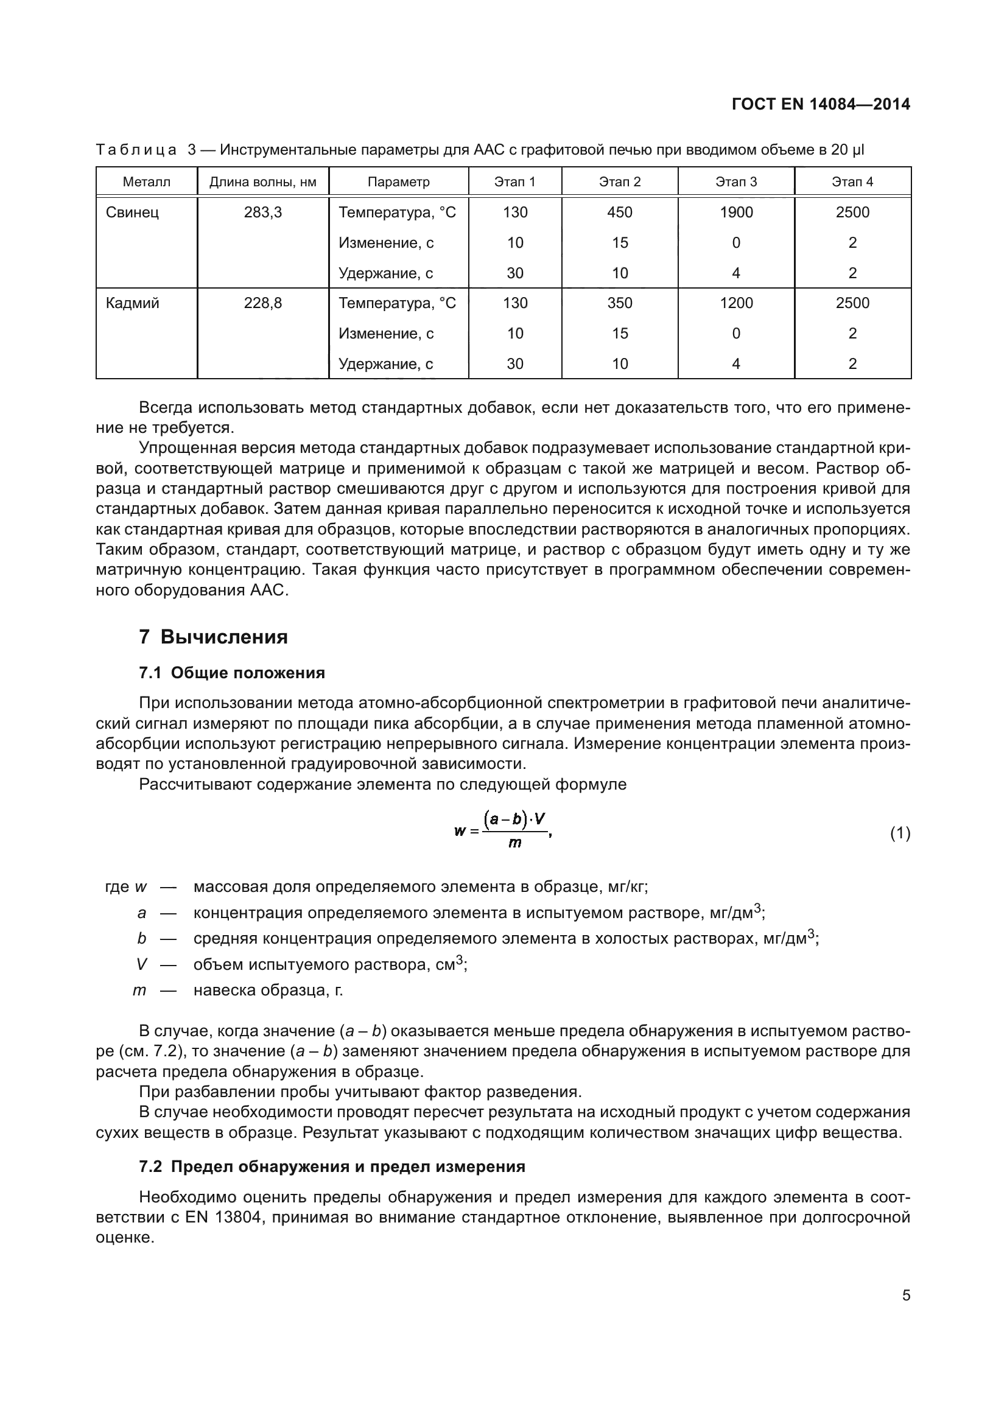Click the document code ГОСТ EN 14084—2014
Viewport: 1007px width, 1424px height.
point(820,104)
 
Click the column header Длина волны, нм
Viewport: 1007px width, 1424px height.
point(263,181)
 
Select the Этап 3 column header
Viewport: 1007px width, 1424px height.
point(736,181)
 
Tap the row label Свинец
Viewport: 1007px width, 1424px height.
point(132,212)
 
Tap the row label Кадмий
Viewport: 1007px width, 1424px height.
point(132,303)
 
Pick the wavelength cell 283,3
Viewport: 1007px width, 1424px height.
point(263,212)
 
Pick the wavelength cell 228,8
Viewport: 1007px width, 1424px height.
point(263,303)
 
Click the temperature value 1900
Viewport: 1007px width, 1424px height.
point(736,212)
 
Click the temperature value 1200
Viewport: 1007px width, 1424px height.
point(736,303)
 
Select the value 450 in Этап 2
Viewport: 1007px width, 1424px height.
point(619,212)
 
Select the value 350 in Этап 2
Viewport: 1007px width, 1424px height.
point(619,303)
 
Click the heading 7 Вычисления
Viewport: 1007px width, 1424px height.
point(213,637)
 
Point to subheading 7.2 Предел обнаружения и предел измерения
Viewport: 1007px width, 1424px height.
point(332,1166)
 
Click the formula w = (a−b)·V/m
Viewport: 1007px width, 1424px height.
point(503,830)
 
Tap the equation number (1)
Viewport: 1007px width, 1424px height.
point(900,833)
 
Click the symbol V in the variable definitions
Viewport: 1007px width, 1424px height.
point(141,965)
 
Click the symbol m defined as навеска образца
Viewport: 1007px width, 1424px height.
point(139,991)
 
